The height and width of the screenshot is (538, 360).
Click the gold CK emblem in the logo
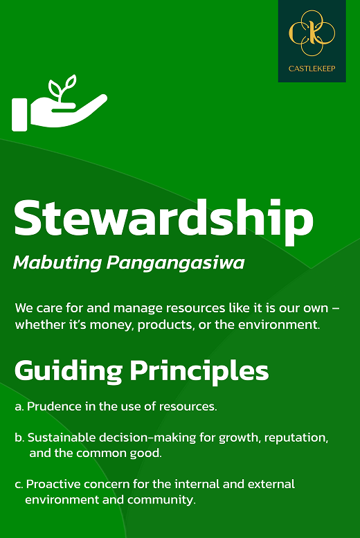(312, 33)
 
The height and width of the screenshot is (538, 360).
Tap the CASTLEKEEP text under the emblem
(312, 69)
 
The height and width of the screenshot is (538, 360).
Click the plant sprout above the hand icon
(62, 89)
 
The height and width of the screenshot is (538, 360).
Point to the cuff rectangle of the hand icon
(19, 115)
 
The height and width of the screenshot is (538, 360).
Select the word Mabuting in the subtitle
(57, 264)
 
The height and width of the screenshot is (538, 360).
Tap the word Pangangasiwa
(175, 264)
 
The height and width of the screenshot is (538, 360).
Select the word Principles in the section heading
(199, 371)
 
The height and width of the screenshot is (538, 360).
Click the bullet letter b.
(19, 438)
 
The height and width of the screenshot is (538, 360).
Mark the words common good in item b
(119, 454)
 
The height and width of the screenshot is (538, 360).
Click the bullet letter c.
(19, 485)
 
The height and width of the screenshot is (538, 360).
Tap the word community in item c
(161, 500)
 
